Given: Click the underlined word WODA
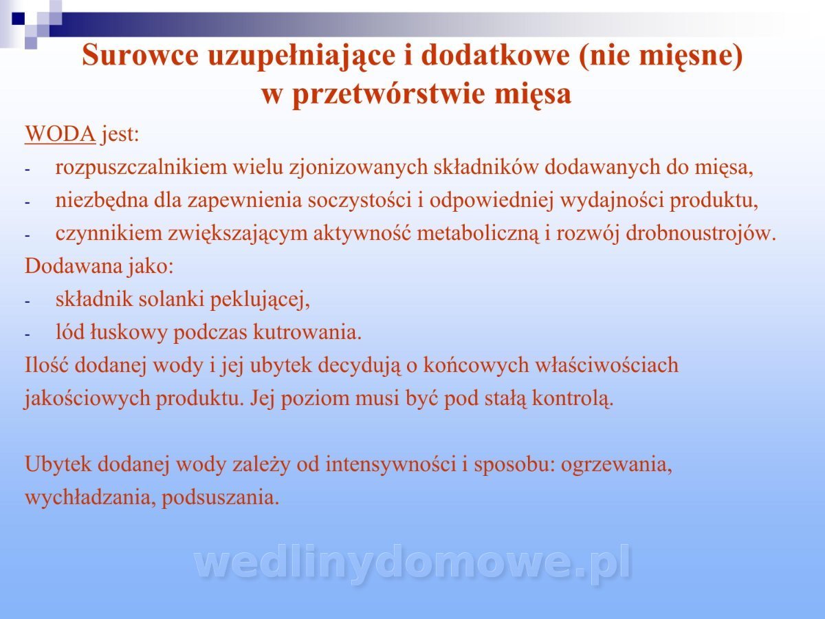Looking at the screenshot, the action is (60, 134).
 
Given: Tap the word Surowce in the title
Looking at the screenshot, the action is (140, 55).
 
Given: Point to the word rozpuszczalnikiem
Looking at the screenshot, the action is (141, 167).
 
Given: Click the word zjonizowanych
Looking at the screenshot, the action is (358, 167).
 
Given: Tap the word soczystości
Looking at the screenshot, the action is (360, 200).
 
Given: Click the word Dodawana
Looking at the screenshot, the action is (74, 266).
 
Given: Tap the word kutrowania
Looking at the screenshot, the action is (307, 332).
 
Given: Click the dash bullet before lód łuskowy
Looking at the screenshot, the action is (27, 334).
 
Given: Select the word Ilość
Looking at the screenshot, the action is (47, 365).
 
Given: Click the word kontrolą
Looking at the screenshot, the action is (573, 398).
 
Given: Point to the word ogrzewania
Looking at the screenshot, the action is (617, 464).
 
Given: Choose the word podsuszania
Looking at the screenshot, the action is (221, 497).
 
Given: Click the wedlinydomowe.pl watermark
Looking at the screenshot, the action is (412, 563).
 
